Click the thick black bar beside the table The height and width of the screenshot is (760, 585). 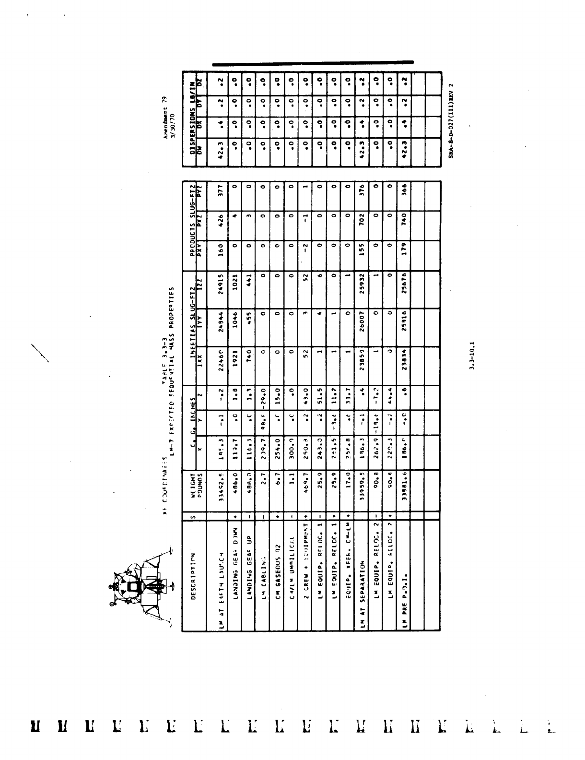pyautogui.click(x=313, y=62)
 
